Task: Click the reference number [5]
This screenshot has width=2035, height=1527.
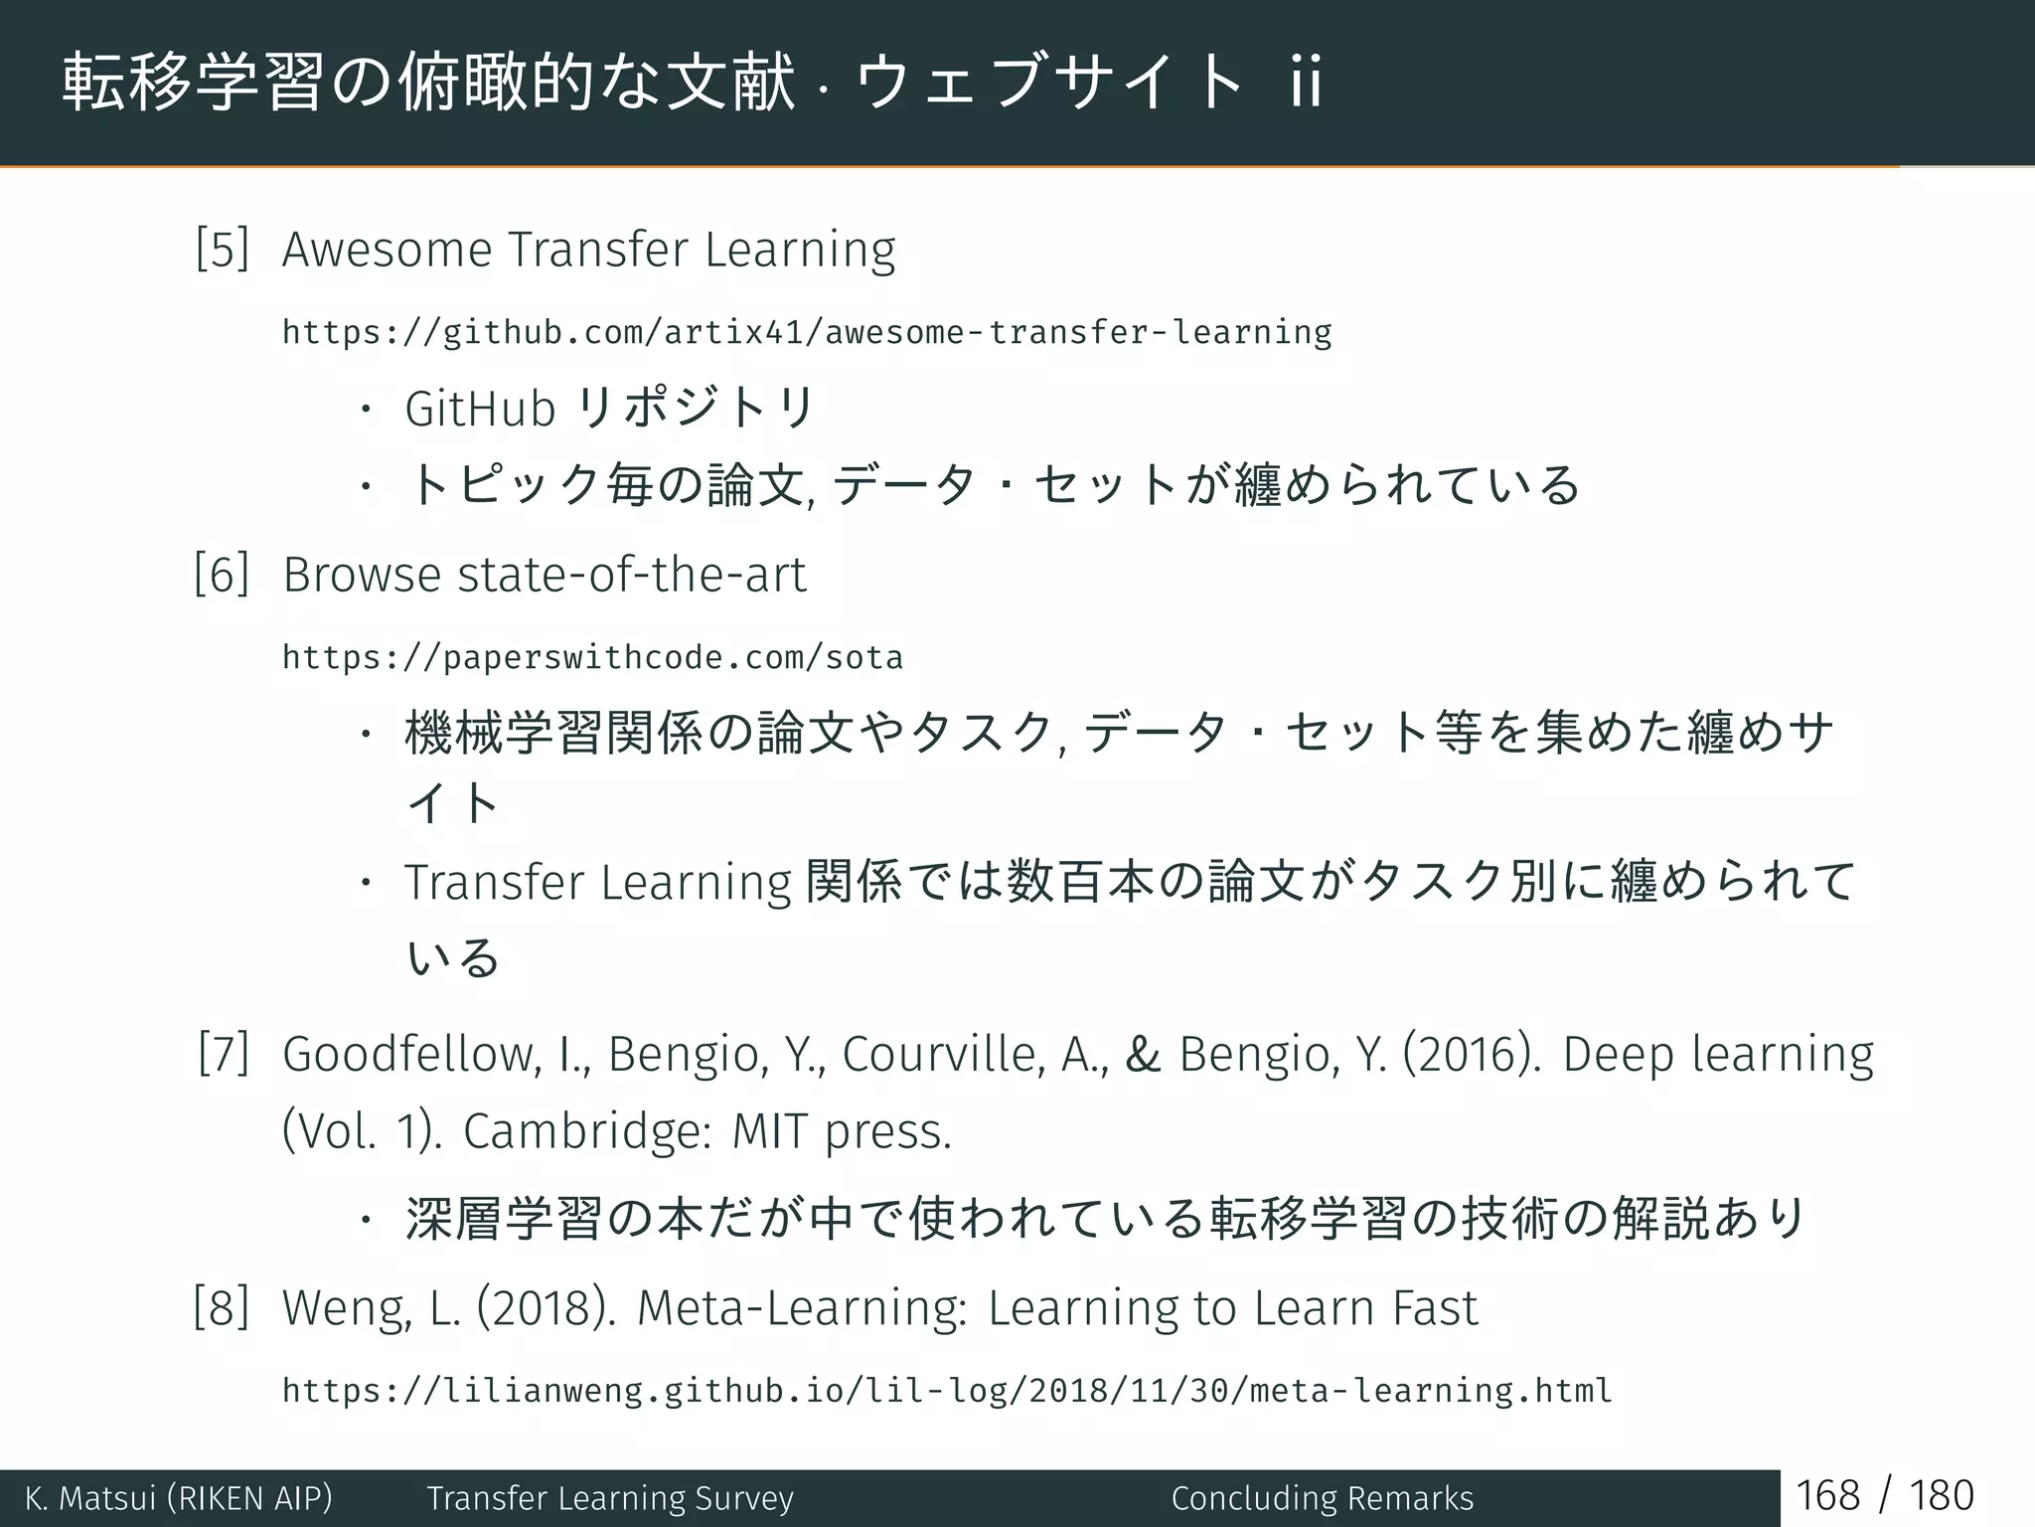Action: click(222, 249)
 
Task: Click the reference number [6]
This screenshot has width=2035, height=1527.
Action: click(222, 575)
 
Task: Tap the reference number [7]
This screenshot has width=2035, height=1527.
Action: click(223, 1054)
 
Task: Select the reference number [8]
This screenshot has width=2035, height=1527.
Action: click(222, 1307)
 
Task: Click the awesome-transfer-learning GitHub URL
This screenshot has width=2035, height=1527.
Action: click(807, 332)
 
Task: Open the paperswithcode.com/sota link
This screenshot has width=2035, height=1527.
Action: click(592, 658)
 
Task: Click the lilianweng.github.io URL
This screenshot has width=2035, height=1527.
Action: click(946, 1390)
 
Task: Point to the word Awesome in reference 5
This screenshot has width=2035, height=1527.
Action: click(387, 249)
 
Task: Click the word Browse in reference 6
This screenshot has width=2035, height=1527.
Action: click(362, 575)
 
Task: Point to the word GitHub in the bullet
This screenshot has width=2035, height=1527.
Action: click(480, 409)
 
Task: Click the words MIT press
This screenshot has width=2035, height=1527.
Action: click(841, 1131)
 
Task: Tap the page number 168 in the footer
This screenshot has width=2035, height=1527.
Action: click(1827, 1496)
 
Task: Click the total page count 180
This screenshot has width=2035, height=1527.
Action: click(1941, 1496)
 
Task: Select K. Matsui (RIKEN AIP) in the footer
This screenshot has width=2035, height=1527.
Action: click(179, 1498)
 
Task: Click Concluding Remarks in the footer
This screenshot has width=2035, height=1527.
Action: click(1322, 1498)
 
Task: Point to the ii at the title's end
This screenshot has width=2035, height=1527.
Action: click(1306, 82)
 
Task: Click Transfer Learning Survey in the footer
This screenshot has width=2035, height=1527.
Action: click(610, 1498)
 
